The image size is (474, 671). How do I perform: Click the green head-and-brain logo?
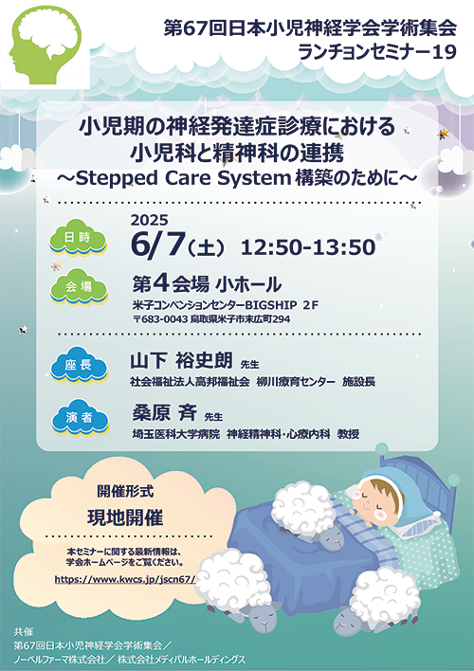[45, 45]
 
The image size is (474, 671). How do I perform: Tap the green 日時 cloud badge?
[78, 237]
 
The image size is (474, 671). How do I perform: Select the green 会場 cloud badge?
[79, 286]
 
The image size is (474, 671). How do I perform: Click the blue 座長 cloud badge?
[79, 365]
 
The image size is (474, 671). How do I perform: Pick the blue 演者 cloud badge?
[80, 417]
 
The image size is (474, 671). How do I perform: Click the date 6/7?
[158, 245]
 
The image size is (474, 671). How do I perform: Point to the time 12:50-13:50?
[308, 247]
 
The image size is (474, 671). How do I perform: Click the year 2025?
[150, 220]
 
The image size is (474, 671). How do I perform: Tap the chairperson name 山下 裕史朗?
[182, 361]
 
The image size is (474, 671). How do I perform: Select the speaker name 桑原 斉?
[165, 412]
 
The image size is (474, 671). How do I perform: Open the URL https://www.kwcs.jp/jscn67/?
[125, 579]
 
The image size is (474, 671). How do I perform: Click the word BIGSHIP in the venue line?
[270, 304]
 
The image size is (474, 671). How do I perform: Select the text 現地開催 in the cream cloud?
[125, 517]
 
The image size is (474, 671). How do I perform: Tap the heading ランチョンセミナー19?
[376, 52]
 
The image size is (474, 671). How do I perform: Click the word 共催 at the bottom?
[23, 631]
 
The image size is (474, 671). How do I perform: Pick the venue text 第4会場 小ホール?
[207, 283]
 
